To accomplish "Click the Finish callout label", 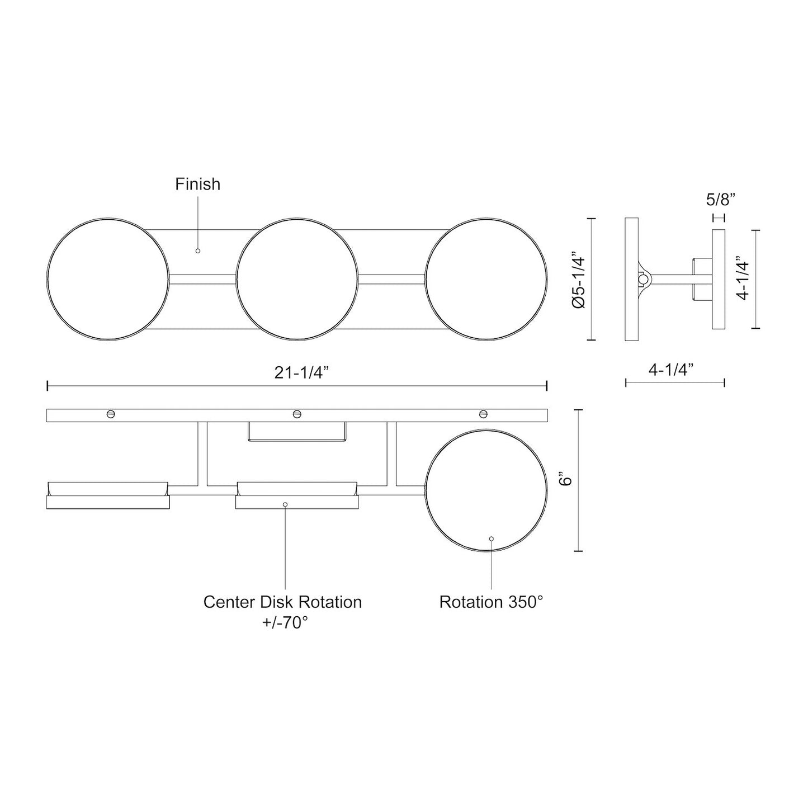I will tap(197, 184).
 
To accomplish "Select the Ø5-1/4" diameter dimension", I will tap(578, 280).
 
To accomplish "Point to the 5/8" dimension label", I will tap(720, 199).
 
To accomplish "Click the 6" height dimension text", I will tap(567, 480).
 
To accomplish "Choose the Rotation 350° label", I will tap(491, 602).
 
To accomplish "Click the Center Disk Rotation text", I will tap(282, 602).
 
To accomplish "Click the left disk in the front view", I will tap(108, 280).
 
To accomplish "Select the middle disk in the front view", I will tap(297, 280).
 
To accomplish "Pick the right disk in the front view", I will tap(486, 280).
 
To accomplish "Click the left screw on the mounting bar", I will tap(111, 414).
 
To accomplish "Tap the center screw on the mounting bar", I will tap(297, 414).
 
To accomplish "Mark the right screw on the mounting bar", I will tap(484, 414).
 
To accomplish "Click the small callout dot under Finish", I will tap(197, 251).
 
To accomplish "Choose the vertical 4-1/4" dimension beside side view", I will tap(743, 278).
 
